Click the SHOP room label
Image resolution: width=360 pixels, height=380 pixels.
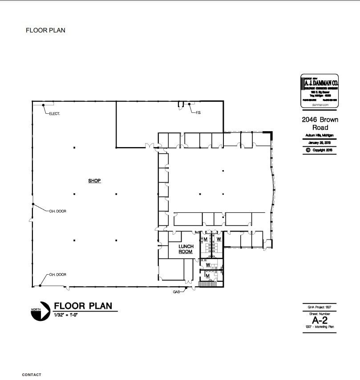(94, 181)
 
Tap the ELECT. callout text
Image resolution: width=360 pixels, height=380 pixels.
(55, 114)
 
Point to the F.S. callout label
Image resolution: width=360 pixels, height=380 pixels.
(198, 112)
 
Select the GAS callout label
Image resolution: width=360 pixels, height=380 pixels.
(177, 292)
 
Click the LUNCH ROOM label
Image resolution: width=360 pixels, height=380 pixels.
(186, 249)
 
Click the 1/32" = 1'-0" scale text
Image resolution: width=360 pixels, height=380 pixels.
(66, 315)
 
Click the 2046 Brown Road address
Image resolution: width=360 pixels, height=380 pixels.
(320, 124)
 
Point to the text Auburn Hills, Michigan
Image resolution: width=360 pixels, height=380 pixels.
(320, 135)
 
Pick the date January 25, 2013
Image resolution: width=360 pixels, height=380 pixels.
(320, 143)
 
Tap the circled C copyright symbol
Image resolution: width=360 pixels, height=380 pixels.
(307, 150)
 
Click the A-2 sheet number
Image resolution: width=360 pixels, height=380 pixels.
(320, 320)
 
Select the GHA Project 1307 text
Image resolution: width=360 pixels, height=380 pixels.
(320, 307)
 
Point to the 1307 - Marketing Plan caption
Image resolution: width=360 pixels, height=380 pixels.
(320, 327)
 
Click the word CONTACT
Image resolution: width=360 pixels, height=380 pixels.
(32, 375)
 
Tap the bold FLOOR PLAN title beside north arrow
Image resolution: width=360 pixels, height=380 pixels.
(83, 306)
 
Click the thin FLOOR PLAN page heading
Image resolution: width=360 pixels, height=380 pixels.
(45, 31)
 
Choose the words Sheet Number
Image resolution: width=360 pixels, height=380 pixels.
(320, 314)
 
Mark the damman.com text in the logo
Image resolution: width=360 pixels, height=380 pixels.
(320, 105)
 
